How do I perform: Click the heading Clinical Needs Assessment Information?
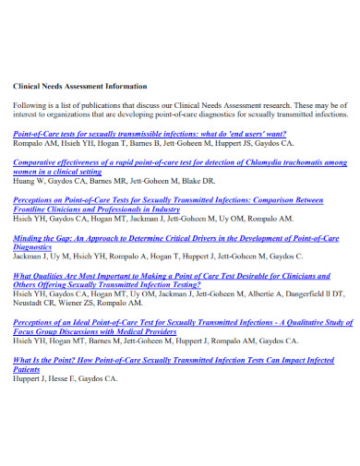79,87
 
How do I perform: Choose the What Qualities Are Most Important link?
175,276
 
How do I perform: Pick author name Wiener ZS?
82,303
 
